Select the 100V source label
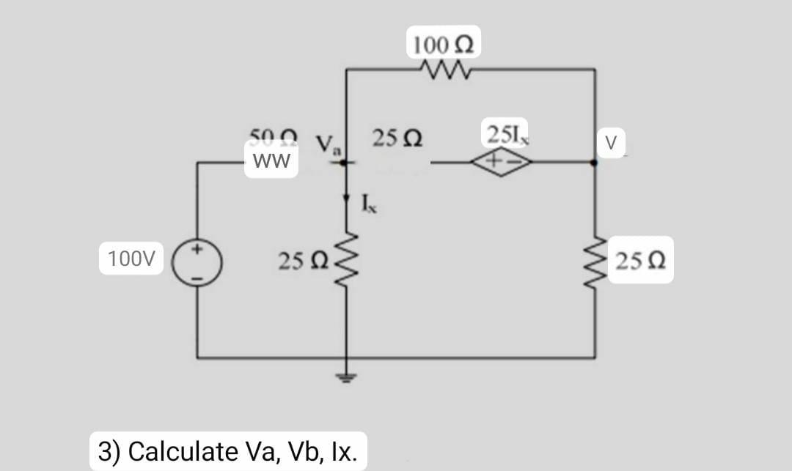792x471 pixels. [x=131, y=259]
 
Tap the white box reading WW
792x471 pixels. [x=271, y=160]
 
